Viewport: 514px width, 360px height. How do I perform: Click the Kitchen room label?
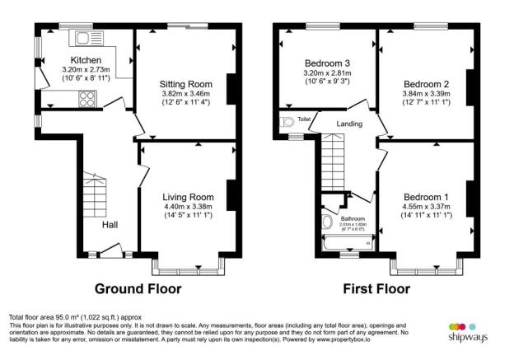(86, 60)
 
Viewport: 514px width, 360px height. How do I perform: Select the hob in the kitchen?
(86, 99)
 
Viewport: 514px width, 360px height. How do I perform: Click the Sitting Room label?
(186, 84)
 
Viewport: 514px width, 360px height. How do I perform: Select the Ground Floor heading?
(138, 289)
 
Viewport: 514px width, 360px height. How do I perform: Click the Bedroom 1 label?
(426, 197)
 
